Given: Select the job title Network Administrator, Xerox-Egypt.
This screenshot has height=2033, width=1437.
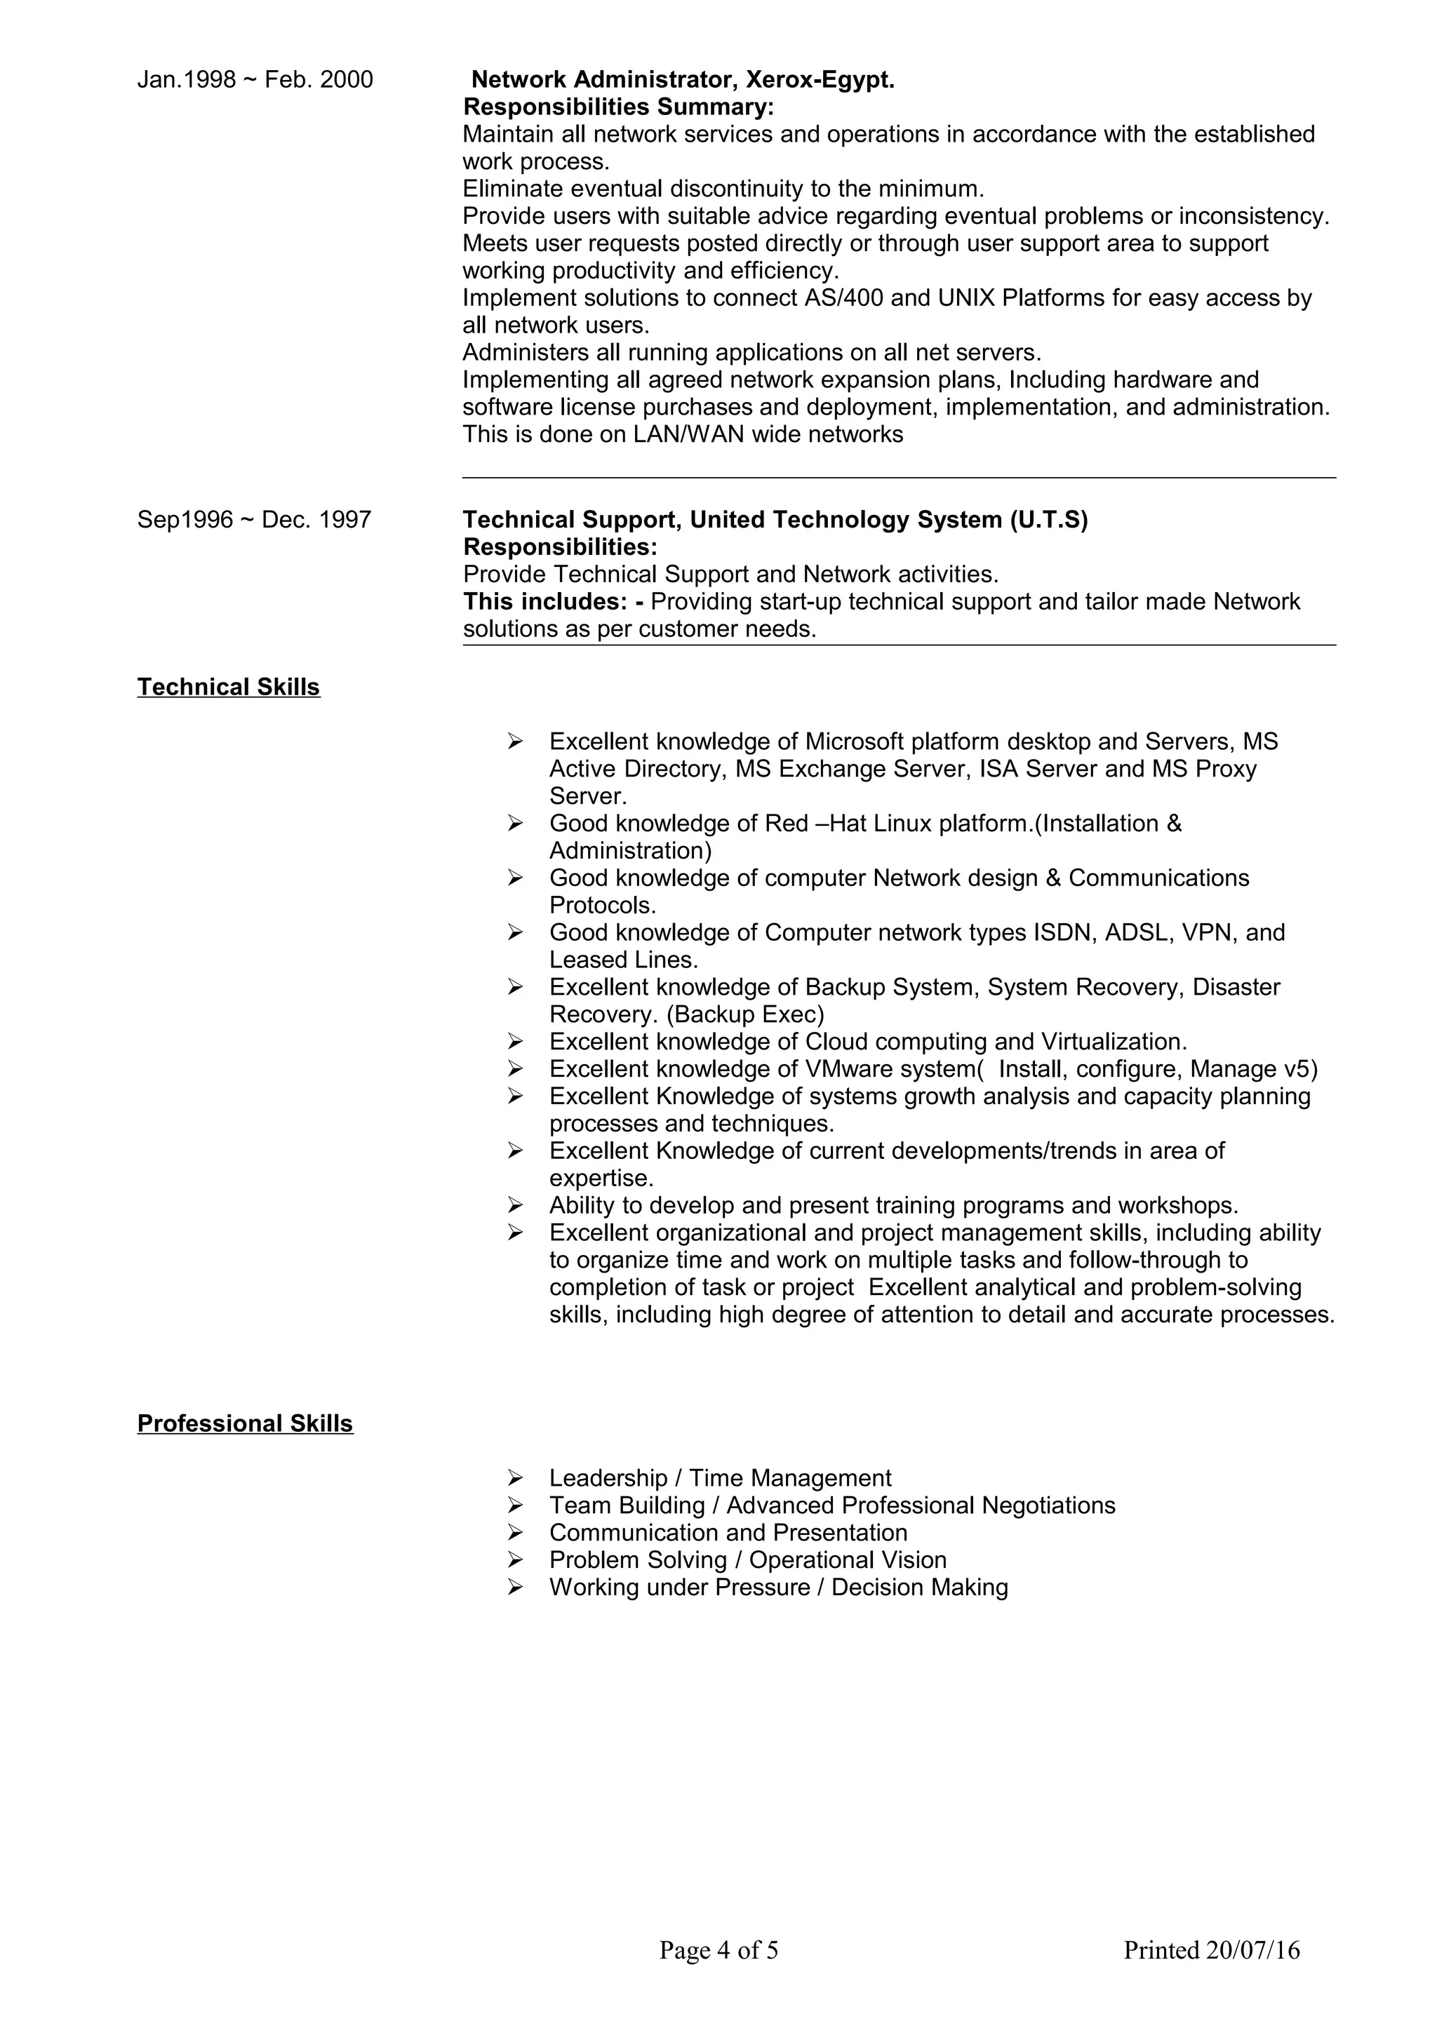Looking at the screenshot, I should coord(682,80).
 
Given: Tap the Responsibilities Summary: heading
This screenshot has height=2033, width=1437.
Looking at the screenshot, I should coord(618,107).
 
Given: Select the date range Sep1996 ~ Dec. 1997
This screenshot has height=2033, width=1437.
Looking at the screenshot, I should coord(254,520).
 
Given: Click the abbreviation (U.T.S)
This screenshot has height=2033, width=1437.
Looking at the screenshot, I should coord(1048,520).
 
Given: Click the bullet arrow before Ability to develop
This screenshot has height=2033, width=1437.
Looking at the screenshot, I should coord(515,1205).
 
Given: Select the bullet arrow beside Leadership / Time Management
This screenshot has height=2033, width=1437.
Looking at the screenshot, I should coord(515,1478).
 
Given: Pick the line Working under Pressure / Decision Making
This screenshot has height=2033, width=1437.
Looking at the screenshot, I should coord(778,1587).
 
